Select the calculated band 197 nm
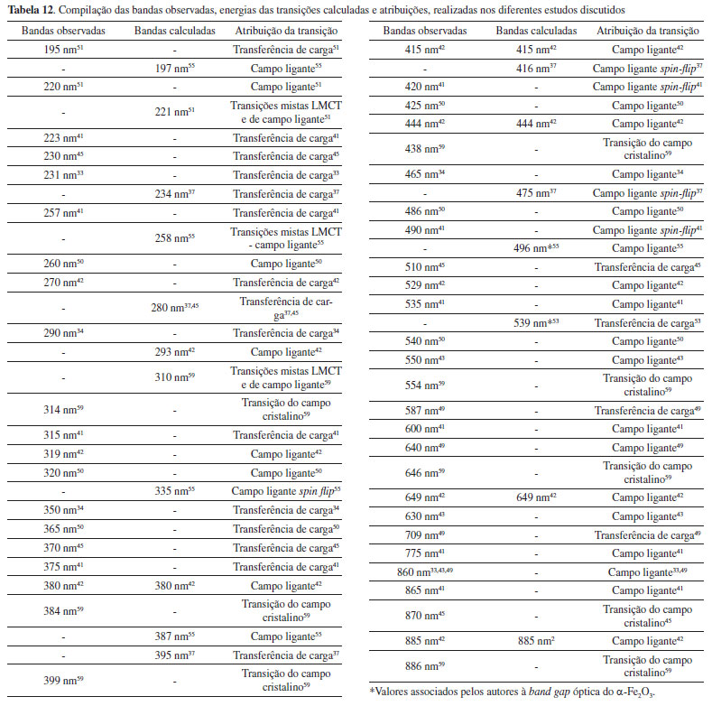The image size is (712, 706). pos(174,69)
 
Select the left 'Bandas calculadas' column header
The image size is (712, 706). pos(174,31)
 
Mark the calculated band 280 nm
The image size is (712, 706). pos(174,307)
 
